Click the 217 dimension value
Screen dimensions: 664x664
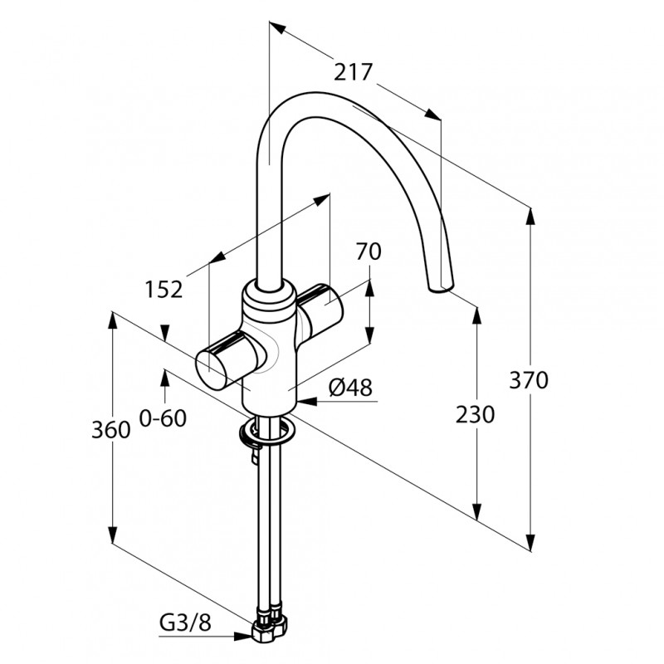pyautogui.click(x=354, y=72)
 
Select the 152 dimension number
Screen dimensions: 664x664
pyautogui.click(x=164, y=289)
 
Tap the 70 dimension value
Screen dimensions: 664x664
pyautogui.click(x=369, y=251)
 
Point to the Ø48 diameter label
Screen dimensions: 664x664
pyautogui.click(x=350, y=387)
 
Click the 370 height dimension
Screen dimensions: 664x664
pyautogui.click(x=529, y=379)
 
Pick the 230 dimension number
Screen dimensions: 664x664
pyautogui.click(x=475, y=414)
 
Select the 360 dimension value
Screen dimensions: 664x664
pyautogui.click(x=111, y=430)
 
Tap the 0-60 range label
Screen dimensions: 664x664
pyautogui.click(x=163, y=418)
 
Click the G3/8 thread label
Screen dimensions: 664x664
pyautogui.click(x=185, y=622)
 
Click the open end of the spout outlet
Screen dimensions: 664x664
pyautogui.click(x=441, y=288)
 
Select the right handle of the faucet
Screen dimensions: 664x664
pyautogui.click(x=320, y=305)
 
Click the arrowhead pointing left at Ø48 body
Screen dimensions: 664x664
pyautogui.click(x=307, y=401)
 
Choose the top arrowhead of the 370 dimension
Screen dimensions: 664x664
pyautogui.click(x=530, y=217)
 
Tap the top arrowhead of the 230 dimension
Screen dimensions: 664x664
pyautogui.click(x=476, y=316)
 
